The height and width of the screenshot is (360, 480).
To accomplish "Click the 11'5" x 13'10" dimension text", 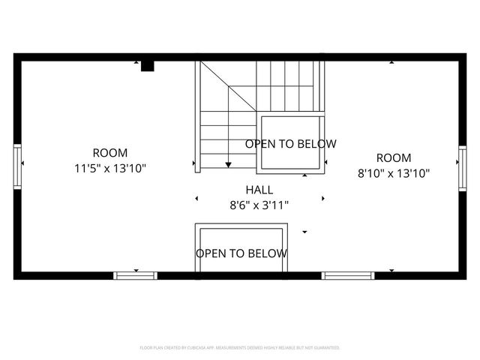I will click(109, 169).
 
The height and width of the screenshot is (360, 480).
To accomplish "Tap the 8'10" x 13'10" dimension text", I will click(394, 174).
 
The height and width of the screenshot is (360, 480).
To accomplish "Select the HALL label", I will click(259, 190).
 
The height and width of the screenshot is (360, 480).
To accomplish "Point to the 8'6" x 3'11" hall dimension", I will click(259, 204).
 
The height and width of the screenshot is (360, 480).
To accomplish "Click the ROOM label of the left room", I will click(109, 152).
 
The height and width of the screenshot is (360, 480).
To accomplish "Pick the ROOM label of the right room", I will click(394, 157).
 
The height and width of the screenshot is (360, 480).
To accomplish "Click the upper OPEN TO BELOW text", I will click(291, 143).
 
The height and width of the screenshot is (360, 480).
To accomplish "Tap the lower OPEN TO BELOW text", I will click(241, 253).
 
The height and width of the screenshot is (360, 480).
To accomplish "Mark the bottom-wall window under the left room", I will click(136, 275).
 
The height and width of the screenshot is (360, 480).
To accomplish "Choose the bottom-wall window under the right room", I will click(347, 275).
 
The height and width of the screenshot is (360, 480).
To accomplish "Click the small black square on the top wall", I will click(148, 66).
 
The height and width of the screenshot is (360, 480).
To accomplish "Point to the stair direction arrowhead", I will click(228, 164).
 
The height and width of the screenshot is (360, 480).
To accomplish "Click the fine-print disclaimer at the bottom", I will click(240, 348).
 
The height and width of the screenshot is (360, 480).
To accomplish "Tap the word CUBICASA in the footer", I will click(196, 348).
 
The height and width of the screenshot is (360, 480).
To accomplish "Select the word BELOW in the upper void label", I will click(317, 143).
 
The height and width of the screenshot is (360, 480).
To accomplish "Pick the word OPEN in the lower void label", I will click(211, 253).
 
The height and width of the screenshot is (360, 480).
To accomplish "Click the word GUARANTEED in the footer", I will click(325, 348).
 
